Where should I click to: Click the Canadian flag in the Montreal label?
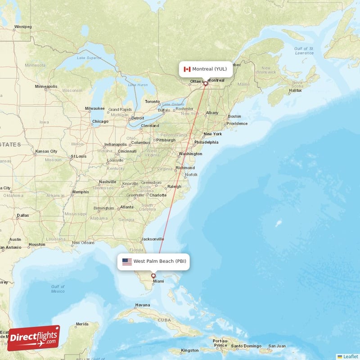point(187,69)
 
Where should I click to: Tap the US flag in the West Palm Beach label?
point(127,261)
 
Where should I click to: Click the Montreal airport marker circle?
point(206,83)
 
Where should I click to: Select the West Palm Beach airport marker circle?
point(153,276)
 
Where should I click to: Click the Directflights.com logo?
point(34,338)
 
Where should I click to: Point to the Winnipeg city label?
point(22,27)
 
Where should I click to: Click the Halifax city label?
point(295,90)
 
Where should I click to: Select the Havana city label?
point(142,305)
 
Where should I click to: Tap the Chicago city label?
point(100,121)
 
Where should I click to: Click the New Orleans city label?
point(83,243)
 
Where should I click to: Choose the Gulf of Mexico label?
point(58,289)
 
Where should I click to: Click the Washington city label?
point(190,154)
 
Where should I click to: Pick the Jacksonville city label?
point(153,239)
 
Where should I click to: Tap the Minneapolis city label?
point(46,86)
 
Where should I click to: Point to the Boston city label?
point(234,116)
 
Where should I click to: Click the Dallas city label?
point(22,215)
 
